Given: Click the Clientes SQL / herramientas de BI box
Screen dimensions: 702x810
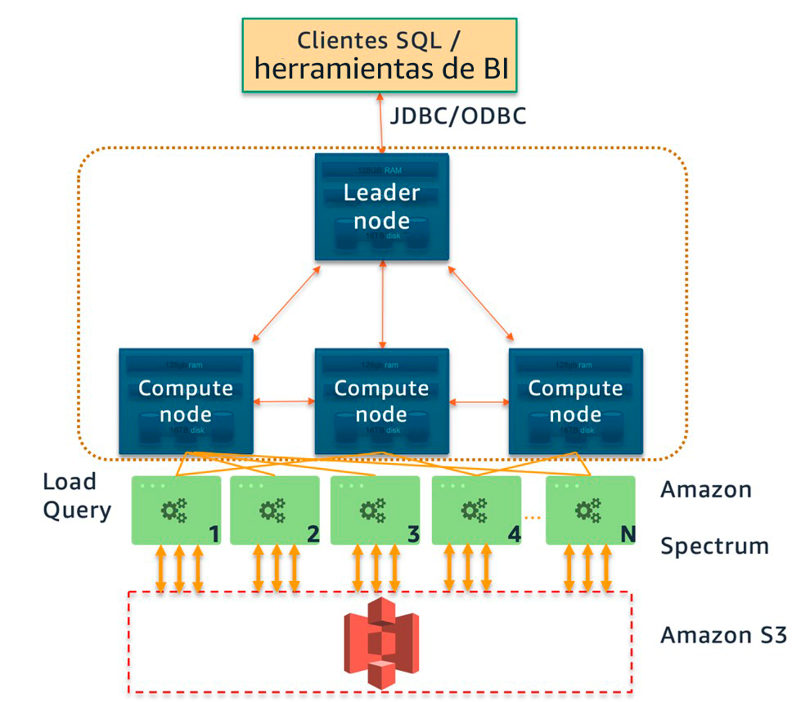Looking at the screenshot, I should pyautogui.click(x=380, y=54).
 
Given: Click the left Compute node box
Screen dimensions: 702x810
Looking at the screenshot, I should pyautogui.click(x=186, y=400).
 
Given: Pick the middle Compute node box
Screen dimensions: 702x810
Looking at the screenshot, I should pyautogui.click(x=381, y=400).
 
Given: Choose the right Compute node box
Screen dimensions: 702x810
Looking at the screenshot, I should pyautogui.click(x=575, y=400).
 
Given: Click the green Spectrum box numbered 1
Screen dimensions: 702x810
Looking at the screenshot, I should pyautogui.click(x=177, y=511).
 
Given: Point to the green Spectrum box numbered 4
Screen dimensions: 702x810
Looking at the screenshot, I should pyautogui.click(x=475, y=511).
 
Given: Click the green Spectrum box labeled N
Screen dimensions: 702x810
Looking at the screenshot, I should pyautogui.click(x=590, y=511).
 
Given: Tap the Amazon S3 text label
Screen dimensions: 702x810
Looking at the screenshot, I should pyautogui.click(x=723, y=635).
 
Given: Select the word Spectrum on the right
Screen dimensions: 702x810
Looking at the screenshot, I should pyautogui.click(x=714, y=546).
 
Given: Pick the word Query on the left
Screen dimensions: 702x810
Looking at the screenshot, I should pyautogui.click(x=76, y=511).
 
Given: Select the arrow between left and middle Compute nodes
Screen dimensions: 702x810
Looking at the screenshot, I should pyautogui.click(x=284, y=402).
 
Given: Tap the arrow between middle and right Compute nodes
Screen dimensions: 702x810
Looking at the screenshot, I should pyautogui.click(x=478, y=402).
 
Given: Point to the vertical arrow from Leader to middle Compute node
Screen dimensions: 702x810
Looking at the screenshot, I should pyautogui.click(x=381, y=303).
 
